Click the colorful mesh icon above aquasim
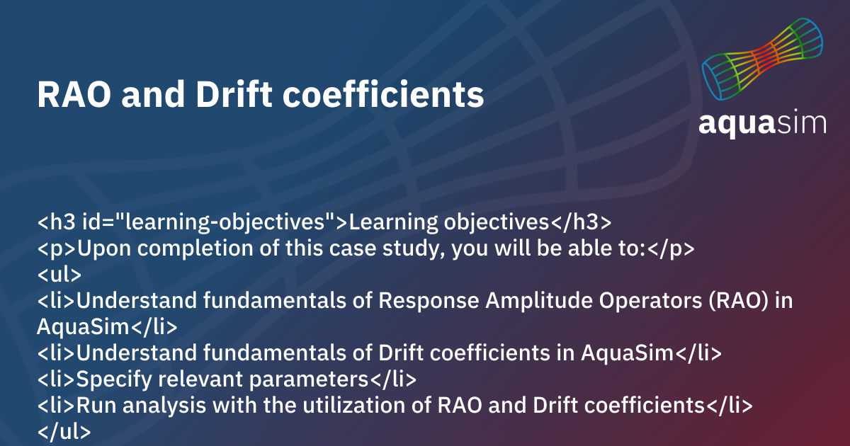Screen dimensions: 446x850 pyautogui.click(x=762, y=59)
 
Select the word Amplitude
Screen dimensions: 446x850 pyautogui.click(x=533, y=301)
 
